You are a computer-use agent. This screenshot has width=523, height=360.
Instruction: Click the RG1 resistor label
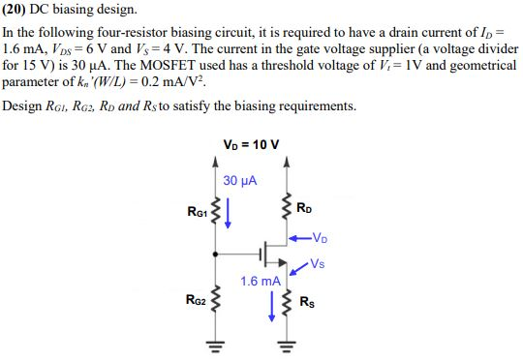pos(197,212)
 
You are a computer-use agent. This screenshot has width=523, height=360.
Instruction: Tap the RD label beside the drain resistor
pos(304,207)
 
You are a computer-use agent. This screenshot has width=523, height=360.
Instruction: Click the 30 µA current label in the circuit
pos(238,181)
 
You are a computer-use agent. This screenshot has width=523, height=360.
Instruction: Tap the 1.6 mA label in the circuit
pos(261,282)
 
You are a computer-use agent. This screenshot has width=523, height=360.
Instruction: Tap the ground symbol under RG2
pos(216,344)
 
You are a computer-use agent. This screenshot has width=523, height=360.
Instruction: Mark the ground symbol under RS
pos(287,344)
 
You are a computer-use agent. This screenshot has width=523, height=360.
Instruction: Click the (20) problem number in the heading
pos(16,10)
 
